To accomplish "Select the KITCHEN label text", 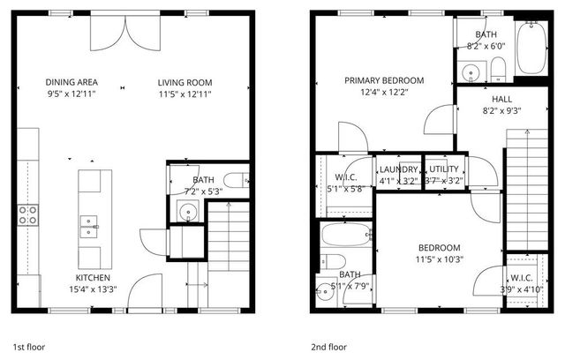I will (x=93, y=277).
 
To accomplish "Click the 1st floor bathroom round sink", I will (x=187, y=210).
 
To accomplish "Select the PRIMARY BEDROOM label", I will (x=384, y=80).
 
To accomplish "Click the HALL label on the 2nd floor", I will (x=501, y=100).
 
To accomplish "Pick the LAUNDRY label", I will (x=398, y=169).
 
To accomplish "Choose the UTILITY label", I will (x=445, y=169).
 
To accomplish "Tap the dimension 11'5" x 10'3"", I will (x=439, y=259).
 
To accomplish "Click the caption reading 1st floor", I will (x=29, y=347).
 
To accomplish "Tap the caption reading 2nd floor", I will (x=328, y=347).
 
